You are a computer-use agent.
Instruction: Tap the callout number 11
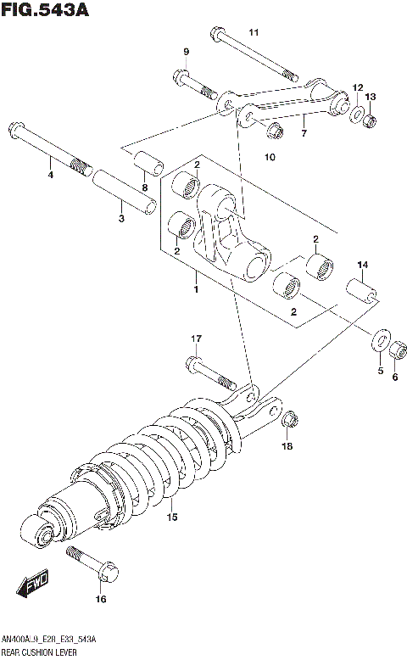tap(253, 32)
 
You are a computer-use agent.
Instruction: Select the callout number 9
tap(186, 53)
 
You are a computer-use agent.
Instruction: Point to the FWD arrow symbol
tap(32, 583)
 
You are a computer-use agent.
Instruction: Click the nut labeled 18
tap(287, 418)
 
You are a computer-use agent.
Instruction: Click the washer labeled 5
tap(379, 342)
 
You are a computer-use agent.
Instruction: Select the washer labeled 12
tap(357, 113)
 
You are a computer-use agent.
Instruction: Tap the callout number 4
tap(50, 175)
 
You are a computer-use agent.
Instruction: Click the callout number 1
tap(195, 290)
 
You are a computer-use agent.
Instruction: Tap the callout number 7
tap(304, 132)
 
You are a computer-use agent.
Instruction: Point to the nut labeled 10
tap(274, 131)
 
